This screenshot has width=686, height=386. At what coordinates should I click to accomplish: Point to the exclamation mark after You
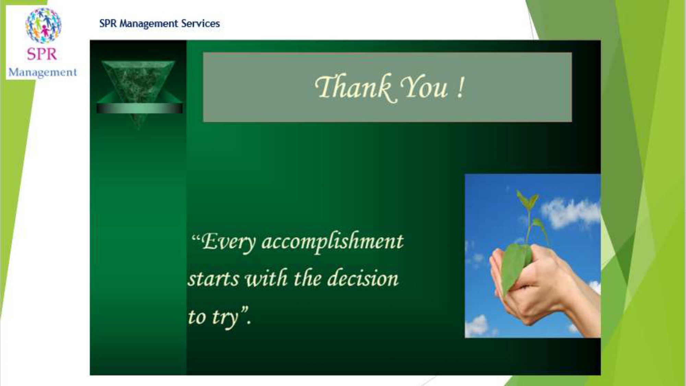click(x=461, y=87)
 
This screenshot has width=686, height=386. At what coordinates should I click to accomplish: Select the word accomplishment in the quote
click(x=332, y=242)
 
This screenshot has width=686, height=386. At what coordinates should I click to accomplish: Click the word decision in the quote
click(x=363, y=278)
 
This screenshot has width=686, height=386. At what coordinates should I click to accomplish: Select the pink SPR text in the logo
click(x=42, y=54)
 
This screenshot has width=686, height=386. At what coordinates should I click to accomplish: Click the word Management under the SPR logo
click(x=43, y=72)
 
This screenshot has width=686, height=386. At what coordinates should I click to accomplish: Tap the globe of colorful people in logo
click(x=43, y=26)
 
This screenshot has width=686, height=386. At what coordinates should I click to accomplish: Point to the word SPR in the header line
click(x=108, y=23)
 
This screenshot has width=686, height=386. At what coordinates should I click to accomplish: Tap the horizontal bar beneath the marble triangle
click(x=140, y=108)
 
